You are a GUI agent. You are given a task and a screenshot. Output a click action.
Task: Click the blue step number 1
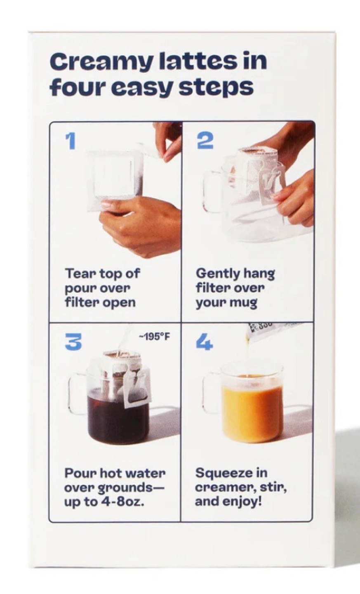click(71, 141)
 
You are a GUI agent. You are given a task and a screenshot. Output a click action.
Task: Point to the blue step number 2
click(205, 141)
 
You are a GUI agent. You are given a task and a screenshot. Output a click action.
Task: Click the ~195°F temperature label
click(155, 337)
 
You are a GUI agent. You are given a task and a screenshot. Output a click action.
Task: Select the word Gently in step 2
click(214, 274)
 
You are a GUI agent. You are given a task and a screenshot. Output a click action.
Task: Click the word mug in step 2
click(244, 303)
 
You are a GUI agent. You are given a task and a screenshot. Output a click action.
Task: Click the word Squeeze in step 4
click(222, 474)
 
